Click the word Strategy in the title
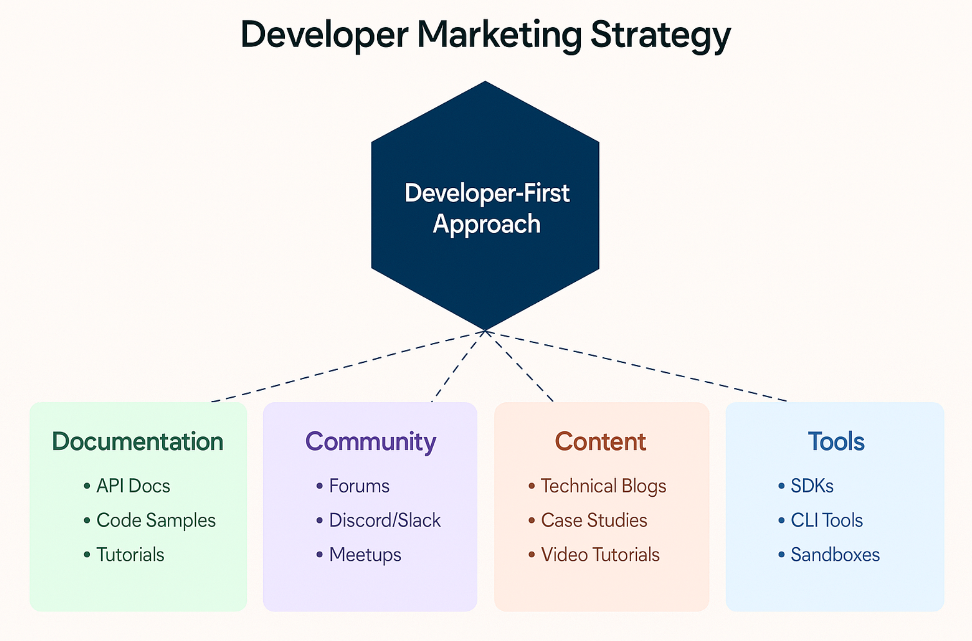[660, 35]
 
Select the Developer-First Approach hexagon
[485, 205]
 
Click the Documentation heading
[138, 441]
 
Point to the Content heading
[600, 441]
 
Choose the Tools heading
[836, 441]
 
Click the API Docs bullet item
[133, 485]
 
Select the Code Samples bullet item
[156, 520]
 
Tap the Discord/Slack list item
[385, 520]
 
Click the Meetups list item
[365, 555]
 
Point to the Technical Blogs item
[604, 486]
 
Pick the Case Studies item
[594, 520]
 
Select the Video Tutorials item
[600, 555]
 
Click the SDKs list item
[812, 485]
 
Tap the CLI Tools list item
[827, 520]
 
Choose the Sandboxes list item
[835, 555]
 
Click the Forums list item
[359, 485]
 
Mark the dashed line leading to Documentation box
[348, 366]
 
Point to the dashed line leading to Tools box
[636, 366]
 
